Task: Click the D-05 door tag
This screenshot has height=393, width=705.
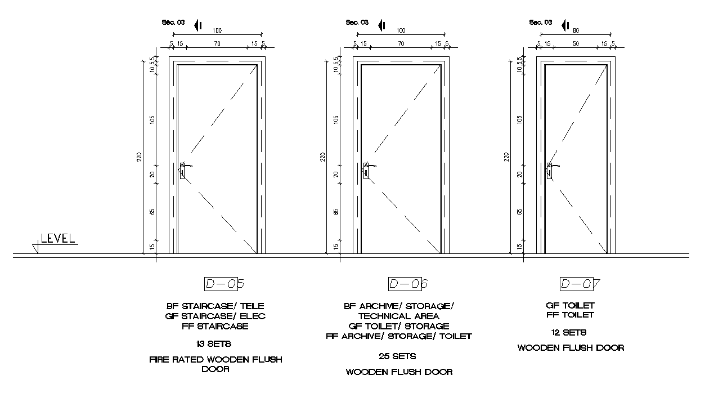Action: pos(224,284)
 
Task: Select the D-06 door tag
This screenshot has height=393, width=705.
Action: pos(408,284)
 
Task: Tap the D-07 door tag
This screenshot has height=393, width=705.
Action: pos(580,284)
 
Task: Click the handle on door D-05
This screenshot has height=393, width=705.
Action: pos(184,168)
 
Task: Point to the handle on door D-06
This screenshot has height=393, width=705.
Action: pos(367,168)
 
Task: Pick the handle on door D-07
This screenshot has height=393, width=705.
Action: pos(551,168)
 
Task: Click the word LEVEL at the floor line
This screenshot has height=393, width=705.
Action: pos(58,238)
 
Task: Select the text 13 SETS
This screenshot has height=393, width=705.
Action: pos(215,343)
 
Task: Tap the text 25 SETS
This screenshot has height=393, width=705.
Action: pos(398,356)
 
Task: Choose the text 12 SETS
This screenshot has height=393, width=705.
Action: pos(571,332)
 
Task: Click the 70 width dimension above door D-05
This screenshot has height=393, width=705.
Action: pos(217,43)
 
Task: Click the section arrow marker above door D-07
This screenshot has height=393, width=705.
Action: pos(565,25)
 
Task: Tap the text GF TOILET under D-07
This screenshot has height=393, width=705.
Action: pos(571,305)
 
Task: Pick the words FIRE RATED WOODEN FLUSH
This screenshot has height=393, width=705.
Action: pos(215,359)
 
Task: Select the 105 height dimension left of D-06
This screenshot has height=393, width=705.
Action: pos(336,119)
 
